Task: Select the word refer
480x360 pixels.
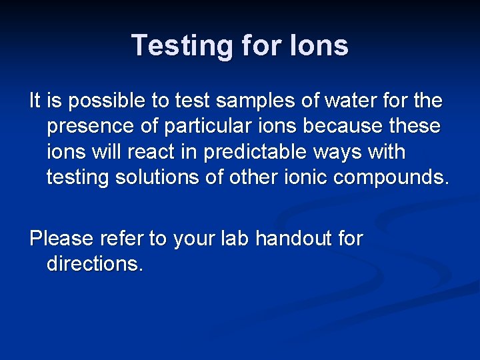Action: point(122,238)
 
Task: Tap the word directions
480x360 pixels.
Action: point(95,263)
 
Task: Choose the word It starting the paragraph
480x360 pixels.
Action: point(36,101)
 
